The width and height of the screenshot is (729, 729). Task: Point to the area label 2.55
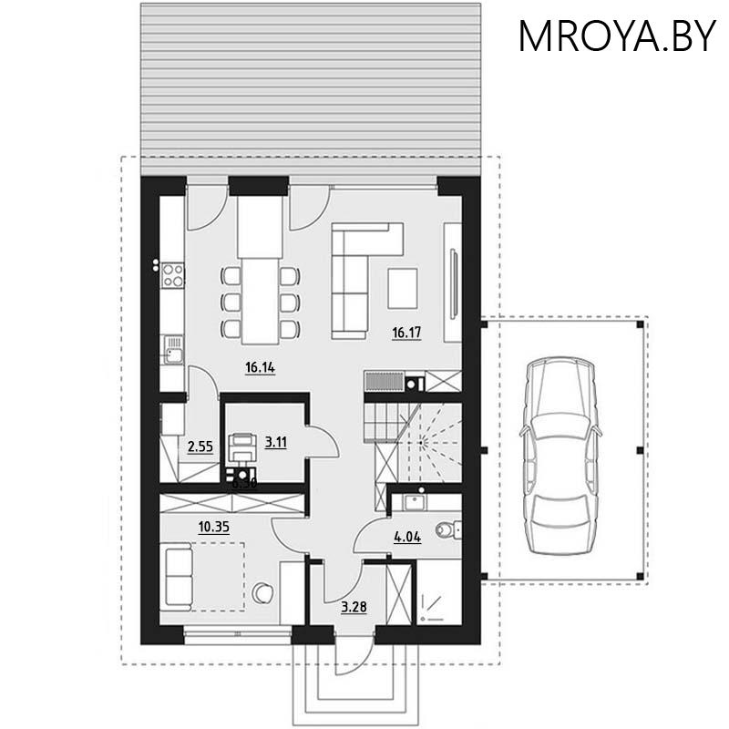tap(200, 447)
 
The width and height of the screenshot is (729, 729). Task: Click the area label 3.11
tap(275, 443)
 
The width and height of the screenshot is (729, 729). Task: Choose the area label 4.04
tap(406, 537)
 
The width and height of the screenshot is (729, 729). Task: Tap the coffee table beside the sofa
tap(403, 289)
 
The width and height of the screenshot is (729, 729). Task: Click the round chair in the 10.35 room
tap(263, 592)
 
